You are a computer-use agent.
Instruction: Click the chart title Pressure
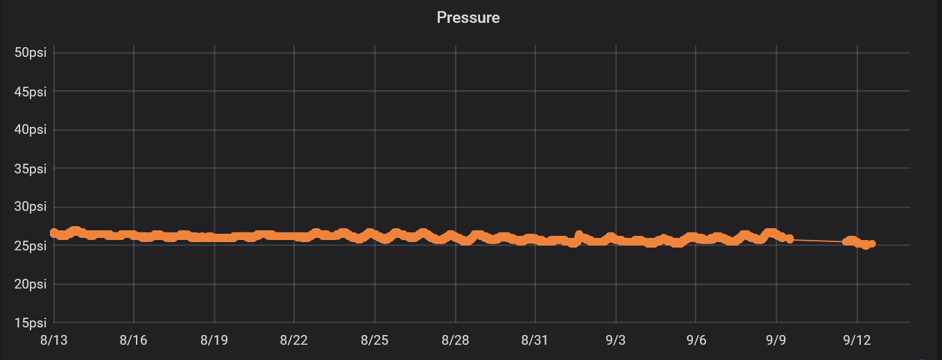click(468, 17)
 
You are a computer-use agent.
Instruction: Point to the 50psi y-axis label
click(31, 53)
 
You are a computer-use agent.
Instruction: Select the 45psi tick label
click(31, 91)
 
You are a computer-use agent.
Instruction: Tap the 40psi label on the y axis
click(31, 130)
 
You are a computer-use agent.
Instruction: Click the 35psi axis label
click(31, 168)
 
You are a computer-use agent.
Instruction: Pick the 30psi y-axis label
click(31, 207)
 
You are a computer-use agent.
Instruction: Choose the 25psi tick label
click(31, 246)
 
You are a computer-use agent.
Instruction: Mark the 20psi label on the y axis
click(31, 284)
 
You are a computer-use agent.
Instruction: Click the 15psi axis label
click(31, 323)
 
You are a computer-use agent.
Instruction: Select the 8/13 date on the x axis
click(53, 340)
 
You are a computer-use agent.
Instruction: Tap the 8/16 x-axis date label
click(134, 340)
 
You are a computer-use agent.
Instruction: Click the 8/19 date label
click(214, 340)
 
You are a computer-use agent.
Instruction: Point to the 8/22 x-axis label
click(294, 340)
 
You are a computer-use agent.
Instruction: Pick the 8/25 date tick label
click(375, 340)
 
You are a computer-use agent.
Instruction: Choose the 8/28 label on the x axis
click(455, 340)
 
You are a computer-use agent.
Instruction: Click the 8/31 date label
click(535, 340)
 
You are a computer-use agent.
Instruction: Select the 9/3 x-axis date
click(615, 340)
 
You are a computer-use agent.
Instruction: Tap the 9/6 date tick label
click(696, 340)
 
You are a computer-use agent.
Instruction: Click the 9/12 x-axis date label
click(856, 340)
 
